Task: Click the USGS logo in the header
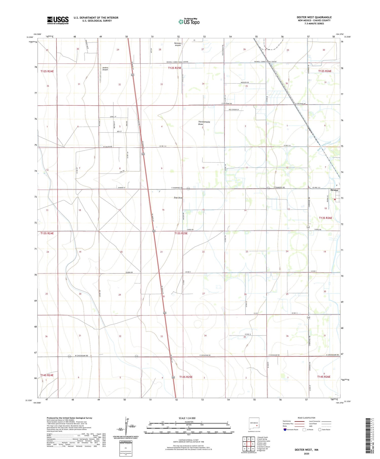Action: pos(58,20)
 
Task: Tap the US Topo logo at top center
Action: pos(189,22)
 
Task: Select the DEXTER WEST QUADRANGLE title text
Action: pos(314,17)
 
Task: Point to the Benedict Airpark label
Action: pos(178,44)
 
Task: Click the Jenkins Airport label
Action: pos(105,69)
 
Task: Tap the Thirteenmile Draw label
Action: pos(204,123)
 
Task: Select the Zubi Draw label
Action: pos(178,198)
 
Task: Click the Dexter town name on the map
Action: pos(334,190)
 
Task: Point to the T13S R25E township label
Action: pos(181,233)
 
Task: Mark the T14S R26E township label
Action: pos(324,377)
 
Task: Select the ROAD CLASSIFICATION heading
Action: pos(306,418)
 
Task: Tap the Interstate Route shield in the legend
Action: pos(285,429)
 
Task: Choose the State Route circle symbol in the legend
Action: pos(320,429)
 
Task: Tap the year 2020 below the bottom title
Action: pos(306,454)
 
